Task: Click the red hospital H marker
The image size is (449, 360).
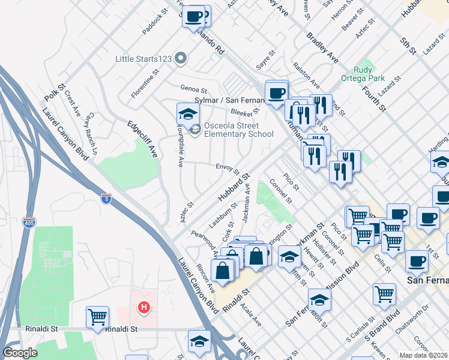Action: coord(143,308)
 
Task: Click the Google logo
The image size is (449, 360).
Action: coord(20,353)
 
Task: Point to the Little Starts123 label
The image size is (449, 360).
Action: coord(145,59)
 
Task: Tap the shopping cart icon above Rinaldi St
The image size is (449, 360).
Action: coord(97,317)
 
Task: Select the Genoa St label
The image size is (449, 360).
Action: coord(193,88)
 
